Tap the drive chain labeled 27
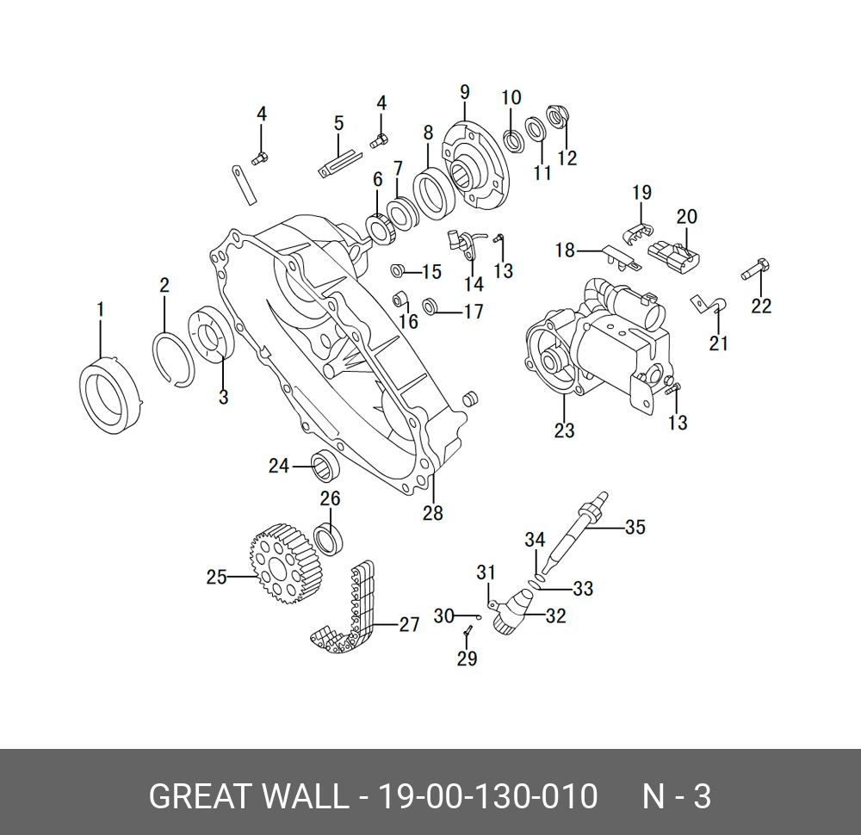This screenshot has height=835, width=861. tap(349, 620)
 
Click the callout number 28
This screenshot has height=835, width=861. tap(432, 513)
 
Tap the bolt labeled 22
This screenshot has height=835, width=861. tap(755, 269)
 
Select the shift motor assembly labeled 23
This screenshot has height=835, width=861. tap(603, 344)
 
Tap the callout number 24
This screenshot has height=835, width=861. tap(278, 467)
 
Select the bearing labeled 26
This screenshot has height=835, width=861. tap(330, 537)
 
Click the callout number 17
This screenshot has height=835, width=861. tap(474, 312)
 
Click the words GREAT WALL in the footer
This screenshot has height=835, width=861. tap(245, 796)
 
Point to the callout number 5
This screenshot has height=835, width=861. tap(338, 123)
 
